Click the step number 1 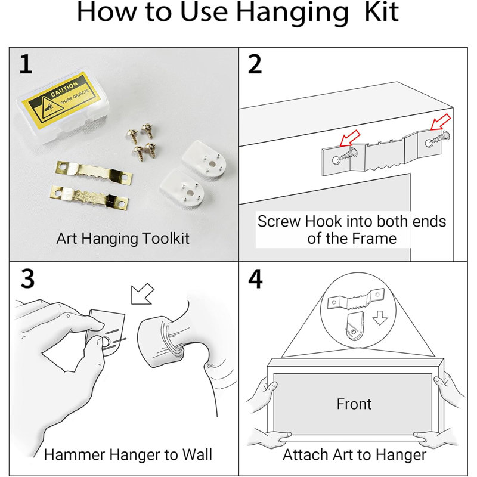(26, 64)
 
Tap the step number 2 (255, 64)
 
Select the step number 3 (27, 278)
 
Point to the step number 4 (255, 278)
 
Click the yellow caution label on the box (65, 100)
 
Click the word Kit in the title (381, 12)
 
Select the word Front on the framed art (354, 404)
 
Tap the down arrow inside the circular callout (380, 318)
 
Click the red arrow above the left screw (350, 138)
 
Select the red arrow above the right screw (441, 122)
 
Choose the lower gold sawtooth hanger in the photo (89, 197)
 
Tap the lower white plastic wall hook (182, 188)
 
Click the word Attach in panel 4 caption (305, 454)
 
